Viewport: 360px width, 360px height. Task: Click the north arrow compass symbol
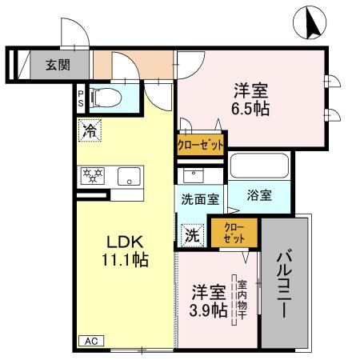point(312,22)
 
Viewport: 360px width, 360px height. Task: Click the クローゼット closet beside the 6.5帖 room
point(200,144)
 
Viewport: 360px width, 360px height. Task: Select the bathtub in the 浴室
point(258,167)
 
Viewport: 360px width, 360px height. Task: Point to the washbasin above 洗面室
point(192,175)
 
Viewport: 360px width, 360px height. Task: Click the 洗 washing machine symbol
point(192,234)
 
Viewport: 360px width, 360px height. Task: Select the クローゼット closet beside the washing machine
point(234,232)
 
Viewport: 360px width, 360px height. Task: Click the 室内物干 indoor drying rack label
point(241,300)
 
